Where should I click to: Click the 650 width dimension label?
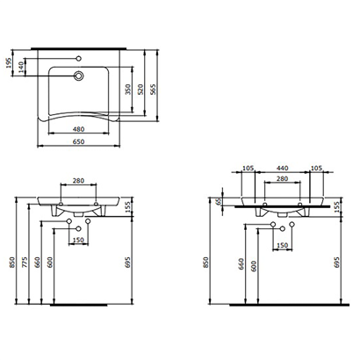click(x=78, y=141)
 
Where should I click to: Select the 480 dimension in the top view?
click(x=78, y=129)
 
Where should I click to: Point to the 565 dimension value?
click(x=153, y=90)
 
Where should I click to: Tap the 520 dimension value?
click(x=140, y=90)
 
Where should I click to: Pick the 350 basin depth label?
click(x=128, y=90)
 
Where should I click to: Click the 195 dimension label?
click(x=8, y=63)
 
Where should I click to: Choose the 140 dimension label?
click(x=20, y=68)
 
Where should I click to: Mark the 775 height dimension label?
click(x=25, y=263)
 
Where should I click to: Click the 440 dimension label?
click(x=283, y=169)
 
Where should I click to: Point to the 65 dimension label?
click(x=218, y=202)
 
